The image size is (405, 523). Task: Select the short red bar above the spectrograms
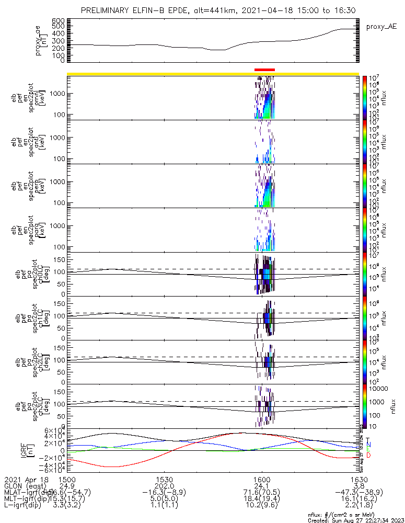pos(264,70)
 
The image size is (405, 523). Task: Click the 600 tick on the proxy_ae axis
pos(59,20)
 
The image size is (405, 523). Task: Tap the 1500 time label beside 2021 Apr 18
pos(67,480)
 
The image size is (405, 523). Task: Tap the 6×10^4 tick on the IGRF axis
pos(55,430)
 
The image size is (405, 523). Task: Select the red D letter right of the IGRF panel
pos(368,456)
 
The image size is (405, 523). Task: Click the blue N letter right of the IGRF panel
pos(368,444)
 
